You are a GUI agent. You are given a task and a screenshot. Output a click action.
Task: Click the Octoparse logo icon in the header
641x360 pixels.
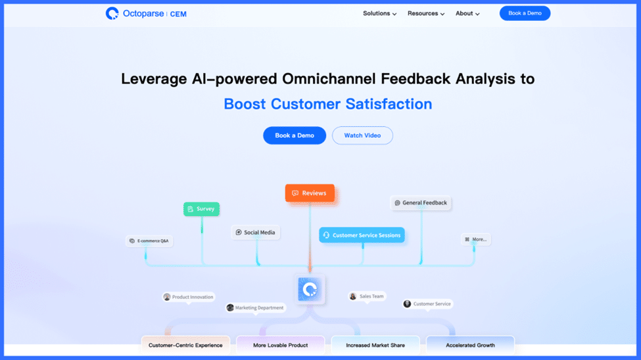point(112,14)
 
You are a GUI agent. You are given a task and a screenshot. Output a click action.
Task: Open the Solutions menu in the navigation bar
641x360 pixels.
point(380,14)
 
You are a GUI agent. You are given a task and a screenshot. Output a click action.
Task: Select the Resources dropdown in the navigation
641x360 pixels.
point(426,14)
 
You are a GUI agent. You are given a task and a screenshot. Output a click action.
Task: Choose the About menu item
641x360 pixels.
point(467,14)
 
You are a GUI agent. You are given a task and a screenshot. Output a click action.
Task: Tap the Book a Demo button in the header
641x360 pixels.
point(525,14)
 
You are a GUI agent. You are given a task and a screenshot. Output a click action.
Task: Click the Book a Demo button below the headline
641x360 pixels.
point(295,135)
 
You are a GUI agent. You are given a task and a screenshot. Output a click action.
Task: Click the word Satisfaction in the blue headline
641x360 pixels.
point(389,104)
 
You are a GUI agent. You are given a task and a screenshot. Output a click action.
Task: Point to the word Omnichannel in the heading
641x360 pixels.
point(329,78)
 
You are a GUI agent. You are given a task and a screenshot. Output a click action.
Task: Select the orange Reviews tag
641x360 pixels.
point(310,193)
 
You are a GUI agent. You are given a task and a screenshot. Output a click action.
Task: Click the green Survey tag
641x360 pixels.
point(202,209)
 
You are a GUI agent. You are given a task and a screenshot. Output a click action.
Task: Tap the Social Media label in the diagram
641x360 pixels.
point(256,233)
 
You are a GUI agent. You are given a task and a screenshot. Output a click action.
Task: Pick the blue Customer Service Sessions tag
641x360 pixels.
point(362,235)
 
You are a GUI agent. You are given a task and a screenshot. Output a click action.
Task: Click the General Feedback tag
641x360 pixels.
point(421,203)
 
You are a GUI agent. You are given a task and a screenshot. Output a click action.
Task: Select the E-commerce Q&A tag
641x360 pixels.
point(149,240)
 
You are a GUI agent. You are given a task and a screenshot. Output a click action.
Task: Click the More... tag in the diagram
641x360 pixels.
point(476,240)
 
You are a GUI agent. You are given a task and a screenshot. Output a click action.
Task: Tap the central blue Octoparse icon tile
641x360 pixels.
point(310,289)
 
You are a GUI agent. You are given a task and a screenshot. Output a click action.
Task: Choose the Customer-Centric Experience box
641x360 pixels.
point(185,346)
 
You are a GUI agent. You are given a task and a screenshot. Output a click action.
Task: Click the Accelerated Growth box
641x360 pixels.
point(470,346)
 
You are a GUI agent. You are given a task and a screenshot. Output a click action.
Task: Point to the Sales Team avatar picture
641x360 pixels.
point(353,296)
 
